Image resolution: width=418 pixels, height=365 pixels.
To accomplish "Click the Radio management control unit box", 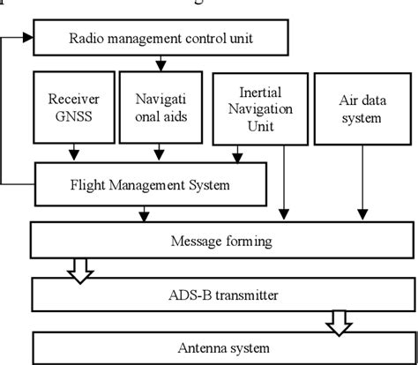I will (160, 38).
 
